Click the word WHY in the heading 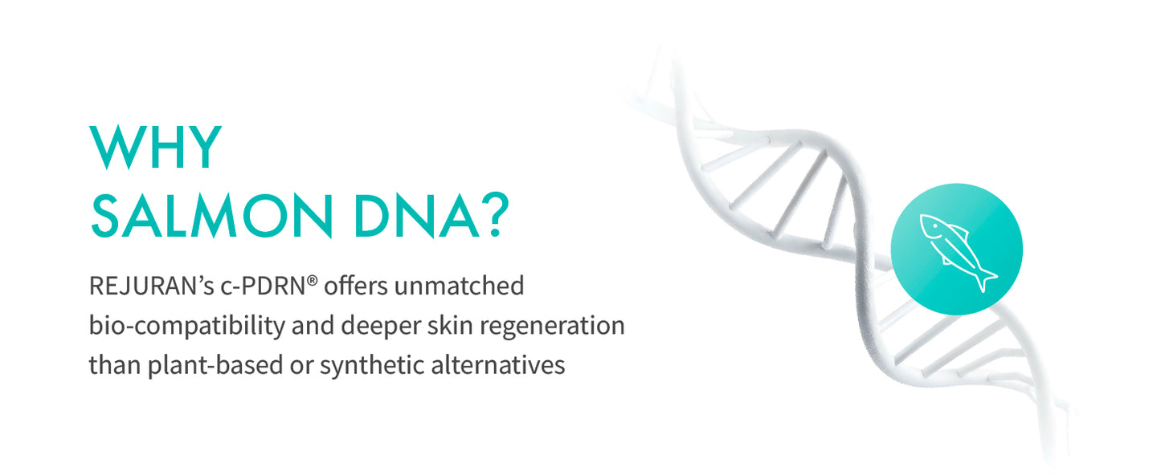[156, 147]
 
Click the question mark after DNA [496, 215]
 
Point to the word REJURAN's [151, 286]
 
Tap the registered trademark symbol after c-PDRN [312, 281]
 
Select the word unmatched [460, 286]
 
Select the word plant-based [215, 365]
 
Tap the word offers [356, 286]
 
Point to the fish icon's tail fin [986, 279]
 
